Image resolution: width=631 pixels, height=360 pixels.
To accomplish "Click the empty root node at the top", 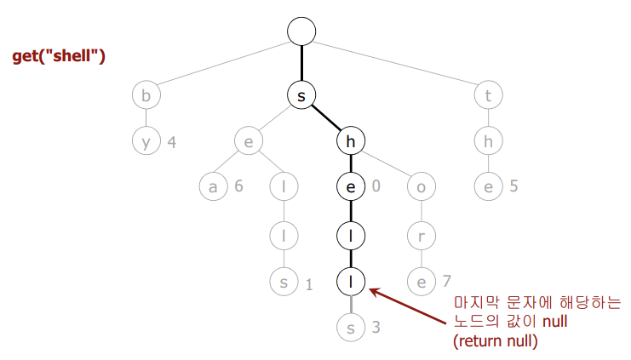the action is coord(301,31).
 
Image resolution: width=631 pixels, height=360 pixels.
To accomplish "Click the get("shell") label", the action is coord(58,57).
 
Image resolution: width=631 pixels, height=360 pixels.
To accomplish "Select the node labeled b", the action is coord(146,96).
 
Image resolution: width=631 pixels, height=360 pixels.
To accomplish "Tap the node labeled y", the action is coord(146,140).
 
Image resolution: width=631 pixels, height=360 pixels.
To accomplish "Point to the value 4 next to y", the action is coord(172,141).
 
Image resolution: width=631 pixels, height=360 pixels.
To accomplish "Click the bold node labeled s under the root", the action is coord(301,96).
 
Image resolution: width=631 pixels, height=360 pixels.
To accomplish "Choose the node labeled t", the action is coord(488,96).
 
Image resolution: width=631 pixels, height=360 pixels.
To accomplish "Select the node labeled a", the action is coord(213,186).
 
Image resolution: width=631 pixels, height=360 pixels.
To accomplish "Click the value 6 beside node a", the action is coord(239,186).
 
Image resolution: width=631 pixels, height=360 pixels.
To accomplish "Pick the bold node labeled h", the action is coord(351,140).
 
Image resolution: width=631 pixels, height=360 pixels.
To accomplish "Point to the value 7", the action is coord(446,279).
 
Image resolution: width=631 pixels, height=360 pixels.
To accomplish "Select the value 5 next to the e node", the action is coord(513,186).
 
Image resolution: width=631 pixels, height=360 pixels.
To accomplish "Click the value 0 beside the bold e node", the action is coord(376,186).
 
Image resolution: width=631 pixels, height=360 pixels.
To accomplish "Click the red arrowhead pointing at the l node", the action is coord(376,293).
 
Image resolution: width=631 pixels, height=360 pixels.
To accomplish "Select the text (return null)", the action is coord(496,340).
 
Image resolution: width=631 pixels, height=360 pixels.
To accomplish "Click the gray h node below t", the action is coord(488,140).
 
